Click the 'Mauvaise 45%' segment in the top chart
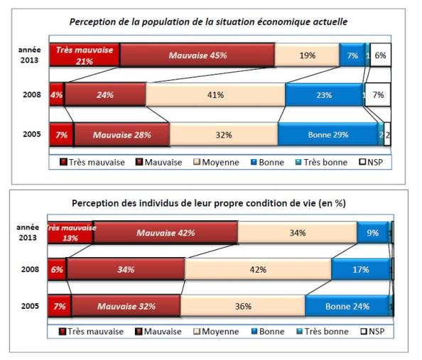(x=197, y=55)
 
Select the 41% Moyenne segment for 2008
(x=215, y=94)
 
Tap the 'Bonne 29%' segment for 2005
(x=328, y=133)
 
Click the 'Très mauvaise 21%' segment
(x=84, y=55)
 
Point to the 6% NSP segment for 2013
(x=380, y=55)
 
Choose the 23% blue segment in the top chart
(x=323, y=94)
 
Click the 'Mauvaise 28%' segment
(x=121, y=133)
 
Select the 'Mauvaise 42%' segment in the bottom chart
(x=166, y=232)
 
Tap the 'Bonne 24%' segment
(x=347, y=306)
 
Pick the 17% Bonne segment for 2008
(x=360, y=269)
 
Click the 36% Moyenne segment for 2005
(x=242, y=306)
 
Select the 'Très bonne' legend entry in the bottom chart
(x=325, y=331)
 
